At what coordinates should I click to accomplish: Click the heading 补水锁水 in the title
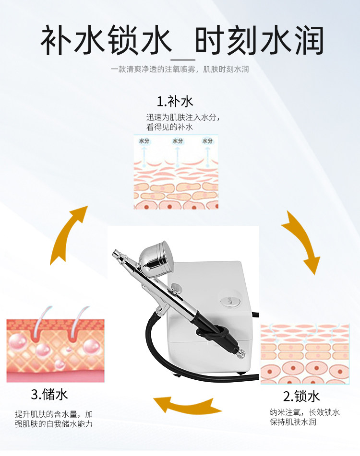[106, 41]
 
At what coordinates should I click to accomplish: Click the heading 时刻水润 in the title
[259, 41]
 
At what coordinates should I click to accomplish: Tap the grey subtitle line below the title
[180, 70]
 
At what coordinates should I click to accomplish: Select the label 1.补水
[175, 101]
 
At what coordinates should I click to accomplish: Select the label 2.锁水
[301, 397]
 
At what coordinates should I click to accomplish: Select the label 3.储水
[49, 395]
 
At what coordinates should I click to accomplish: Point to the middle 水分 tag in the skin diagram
[178, 141]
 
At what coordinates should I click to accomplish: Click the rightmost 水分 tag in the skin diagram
[207, 141]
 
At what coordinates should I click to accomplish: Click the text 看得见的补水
[169, 127]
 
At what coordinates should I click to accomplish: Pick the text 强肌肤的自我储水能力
[53, 424]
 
